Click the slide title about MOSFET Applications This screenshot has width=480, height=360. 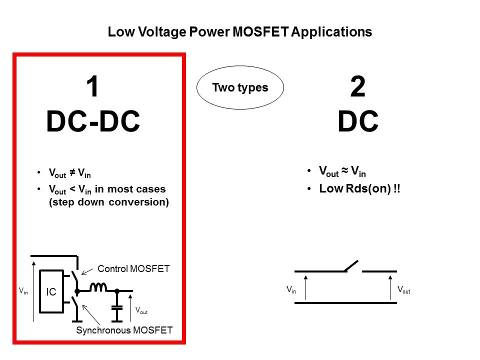pos(240,32)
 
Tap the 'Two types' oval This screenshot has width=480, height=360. pos(240,88)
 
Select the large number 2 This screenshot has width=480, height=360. pos(357,88)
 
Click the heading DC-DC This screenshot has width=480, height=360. pos(93,122)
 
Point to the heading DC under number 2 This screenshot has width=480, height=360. pos(357,122)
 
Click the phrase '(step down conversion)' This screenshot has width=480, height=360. pos(109,202)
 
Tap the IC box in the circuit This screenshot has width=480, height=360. pos(51,291)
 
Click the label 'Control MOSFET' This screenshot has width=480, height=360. pos(133,269)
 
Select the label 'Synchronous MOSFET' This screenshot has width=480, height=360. pos(124,330)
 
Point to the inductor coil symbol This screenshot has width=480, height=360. pos(98,287)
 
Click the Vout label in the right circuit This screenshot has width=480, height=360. pos(403,289)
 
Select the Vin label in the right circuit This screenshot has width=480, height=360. pos(291,289)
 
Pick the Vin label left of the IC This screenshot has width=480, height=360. pos(23,290)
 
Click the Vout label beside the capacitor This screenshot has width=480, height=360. pos(141,310)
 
